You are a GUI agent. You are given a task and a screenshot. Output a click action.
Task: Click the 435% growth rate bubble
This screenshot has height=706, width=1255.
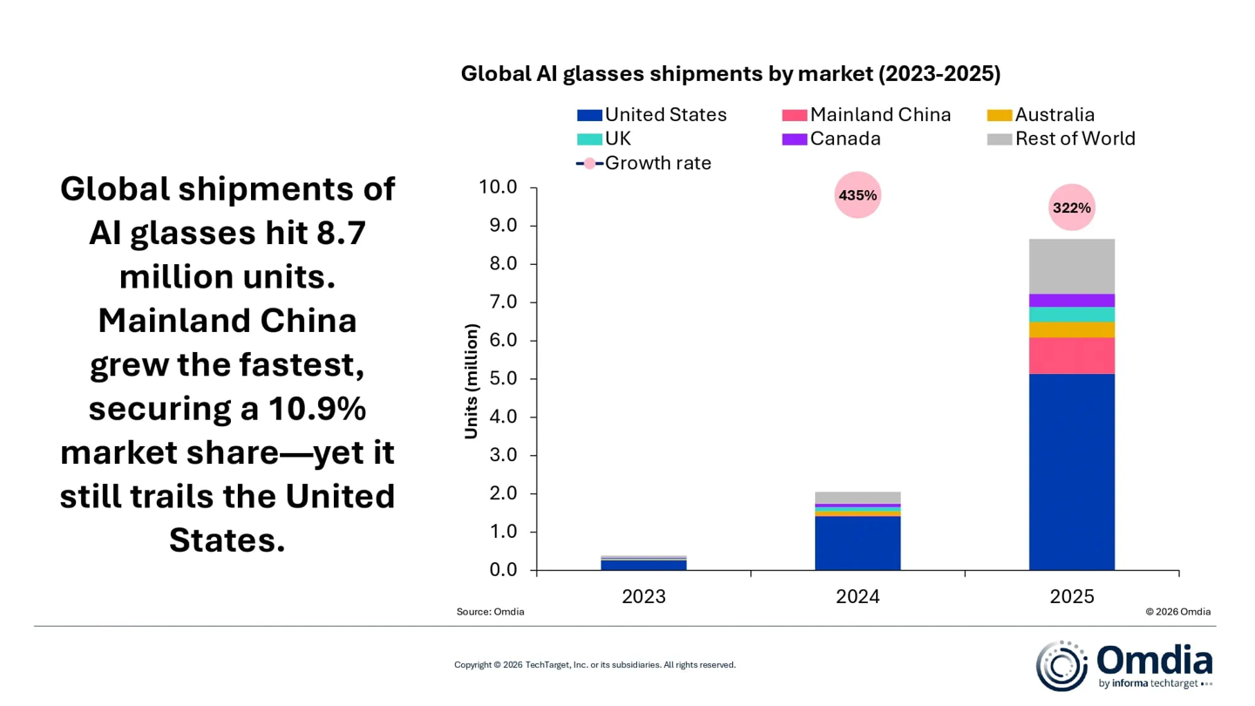(858, 195)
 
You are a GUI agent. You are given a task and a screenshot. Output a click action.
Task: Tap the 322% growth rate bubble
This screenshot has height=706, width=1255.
(1071, 207)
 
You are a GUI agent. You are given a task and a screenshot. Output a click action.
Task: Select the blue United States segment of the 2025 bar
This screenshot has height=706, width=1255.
(1071, 472)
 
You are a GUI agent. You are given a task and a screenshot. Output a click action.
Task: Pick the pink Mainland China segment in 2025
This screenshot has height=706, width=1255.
(1071, 355)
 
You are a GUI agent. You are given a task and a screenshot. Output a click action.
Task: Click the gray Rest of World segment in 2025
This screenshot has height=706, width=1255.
(1071, 266)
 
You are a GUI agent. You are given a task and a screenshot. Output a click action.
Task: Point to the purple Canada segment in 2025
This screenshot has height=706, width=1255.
(1071, 300)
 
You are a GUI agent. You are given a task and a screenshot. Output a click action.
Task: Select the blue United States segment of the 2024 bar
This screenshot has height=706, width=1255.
(858, 543)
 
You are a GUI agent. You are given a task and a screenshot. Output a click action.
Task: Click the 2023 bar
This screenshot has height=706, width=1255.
(643, 563)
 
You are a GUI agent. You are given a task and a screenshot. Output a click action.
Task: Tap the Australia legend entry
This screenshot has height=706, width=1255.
(1041, 115)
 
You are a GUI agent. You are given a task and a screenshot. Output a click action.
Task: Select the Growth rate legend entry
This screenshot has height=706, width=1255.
(644, 163)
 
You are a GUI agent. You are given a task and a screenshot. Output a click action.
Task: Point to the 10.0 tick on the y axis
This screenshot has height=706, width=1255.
(499, 187)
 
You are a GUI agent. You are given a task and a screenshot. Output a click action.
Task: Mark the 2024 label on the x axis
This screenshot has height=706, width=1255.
(858, 597)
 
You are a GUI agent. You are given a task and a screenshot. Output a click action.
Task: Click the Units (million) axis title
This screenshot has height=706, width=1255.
(471, 381)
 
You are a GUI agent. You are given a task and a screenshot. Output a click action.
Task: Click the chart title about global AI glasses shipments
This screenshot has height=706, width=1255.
(730, 74)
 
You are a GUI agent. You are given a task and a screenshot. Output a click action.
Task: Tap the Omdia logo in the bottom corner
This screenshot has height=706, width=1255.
(1123, 665)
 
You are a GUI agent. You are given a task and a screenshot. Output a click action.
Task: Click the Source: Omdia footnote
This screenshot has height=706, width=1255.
(491, 612)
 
